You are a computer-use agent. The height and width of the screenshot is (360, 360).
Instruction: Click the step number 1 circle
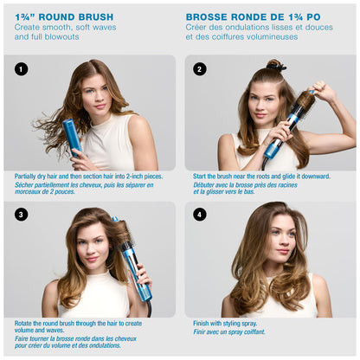tap(22, 69)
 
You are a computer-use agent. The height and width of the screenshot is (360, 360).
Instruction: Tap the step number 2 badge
tap(201, 69)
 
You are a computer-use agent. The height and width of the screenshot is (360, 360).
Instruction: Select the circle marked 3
tap(22, 215)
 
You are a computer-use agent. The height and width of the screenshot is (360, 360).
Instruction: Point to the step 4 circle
tap(201, 215)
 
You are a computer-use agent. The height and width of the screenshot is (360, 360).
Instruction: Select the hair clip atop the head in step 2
tap(276, 65)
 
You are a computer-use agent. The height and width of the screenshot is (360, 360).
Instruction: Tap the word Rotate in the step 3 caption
tap(25, 322)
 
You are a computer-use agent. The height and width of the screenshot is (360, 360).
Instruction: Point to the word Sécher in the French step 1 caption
tap(25, 183)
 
